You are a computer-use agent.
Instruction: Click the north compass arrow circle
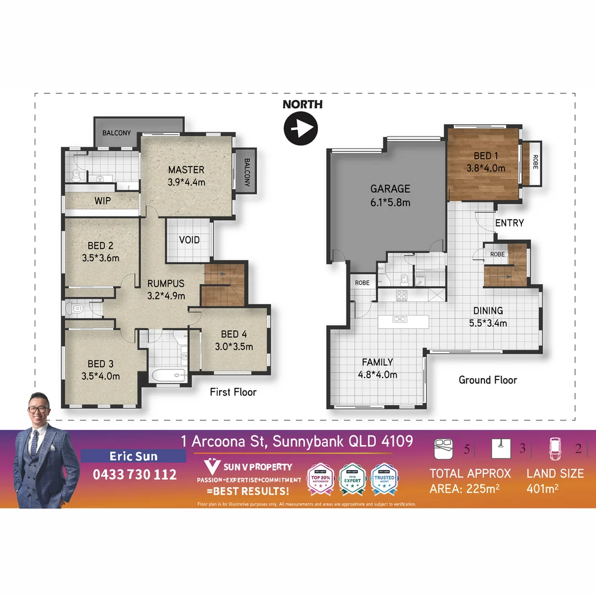pos(301,129)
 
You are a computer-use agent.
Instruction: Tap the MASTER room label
pos(187,175)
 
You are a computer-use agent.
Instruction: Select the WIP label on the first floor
pos(103,201)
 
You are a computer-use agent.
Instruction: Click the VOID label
pos(189,240)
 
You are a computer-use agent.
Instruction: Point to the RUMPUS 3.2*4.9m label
pos(166,290)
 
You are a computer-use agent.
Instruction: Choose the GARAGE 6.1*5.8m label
pos(390,195)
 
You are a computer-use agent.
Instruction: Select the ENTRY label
pos(509,223)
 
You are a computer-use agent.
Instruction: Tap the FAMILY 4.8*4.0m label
pos(378,368)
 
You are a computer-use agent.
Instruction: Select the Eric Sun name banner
pos(134,456)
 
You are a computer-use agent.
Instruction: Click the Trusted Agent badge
pos(384,475)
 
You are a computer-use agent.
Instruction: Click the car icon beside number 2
pos(556,448)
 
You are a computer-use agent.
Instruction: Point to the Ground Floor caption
pos(488,380)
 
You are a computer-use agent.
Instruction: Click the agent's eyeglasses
pos(38,409)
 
